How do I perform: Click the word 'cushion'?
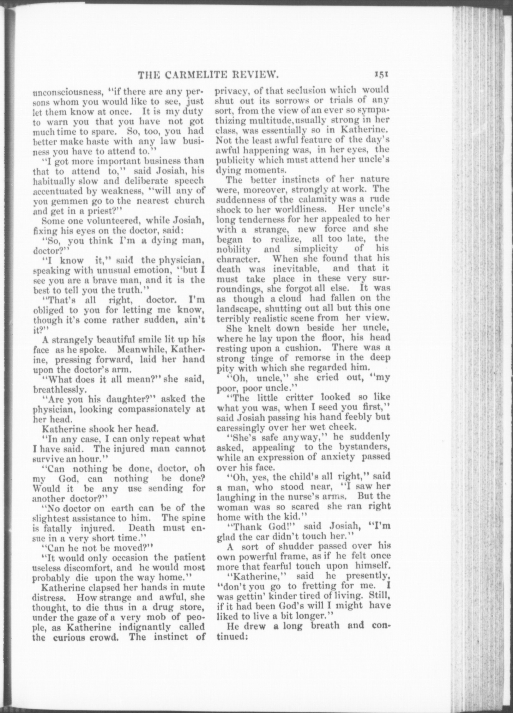pos(304,348)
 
